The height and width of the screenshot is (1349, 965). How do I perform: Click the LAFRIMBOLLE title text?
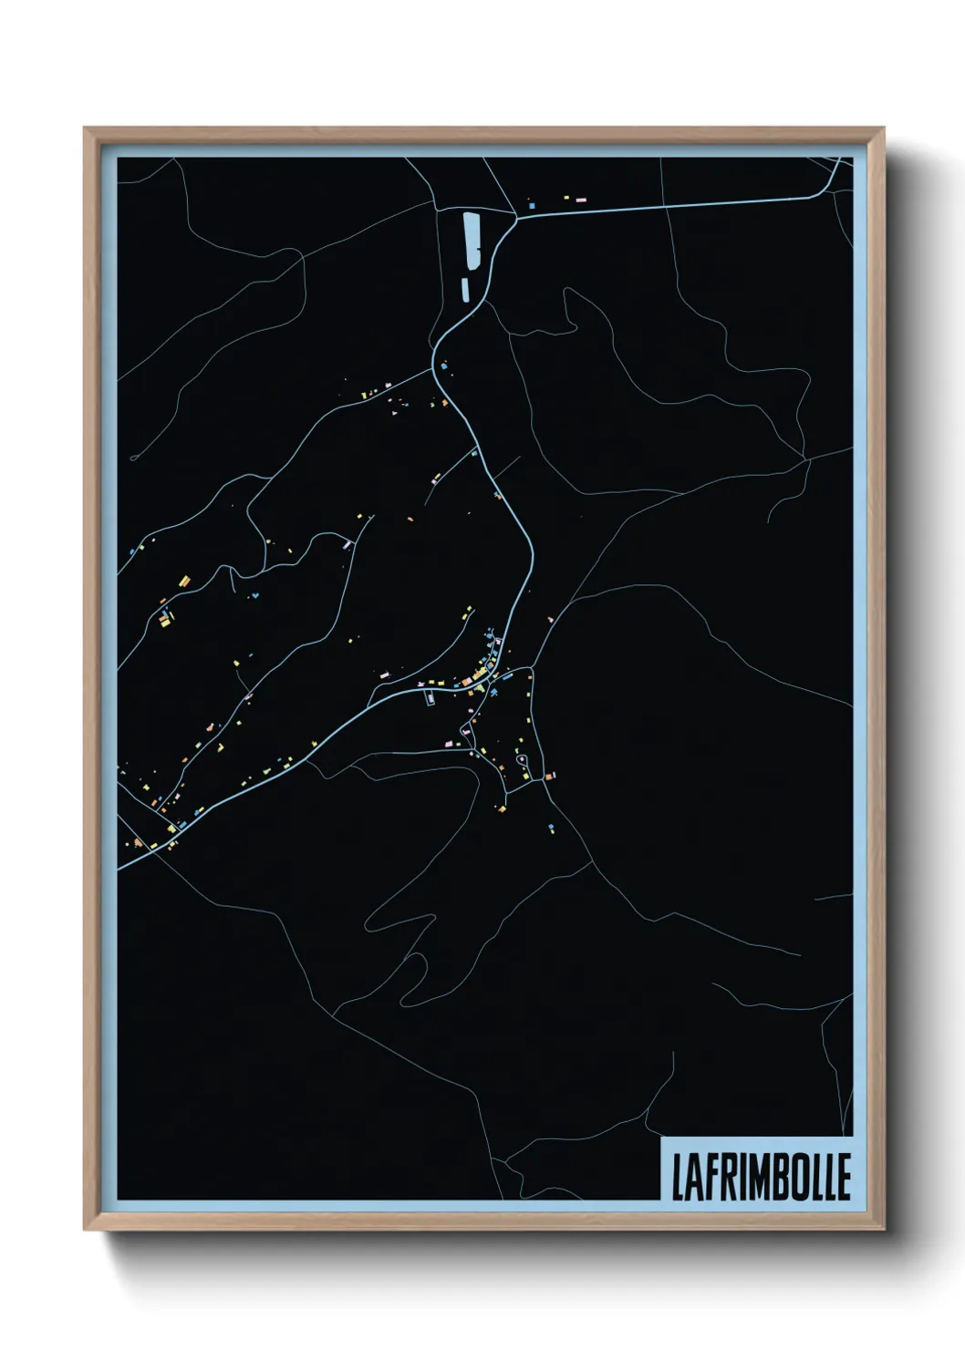761,1177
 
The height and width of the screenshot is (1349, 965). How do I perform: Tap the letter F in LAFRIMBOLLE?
709,1177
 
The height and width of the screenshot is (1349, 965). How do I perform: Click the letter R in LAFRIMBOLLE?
725,1177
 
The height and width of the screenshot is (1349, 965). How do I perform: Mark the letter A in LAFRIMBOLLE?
693,1177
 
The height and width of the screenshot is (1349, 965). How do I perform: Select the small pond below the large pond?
465,289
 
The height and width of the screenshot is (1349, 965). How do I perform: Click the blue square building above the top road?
531,206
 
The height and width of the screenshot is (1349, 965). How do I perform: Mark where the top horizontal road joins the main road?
516,218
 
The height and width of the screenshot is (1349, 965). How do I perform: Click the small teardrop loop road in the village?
522,760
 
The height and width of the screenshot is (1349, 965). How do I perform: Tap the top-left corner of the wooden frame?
85,129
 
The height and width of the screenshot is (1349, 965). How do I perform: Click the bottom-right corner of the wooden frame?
883,1230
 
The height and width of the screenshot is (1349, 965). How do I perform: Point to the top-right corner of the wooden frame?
883,129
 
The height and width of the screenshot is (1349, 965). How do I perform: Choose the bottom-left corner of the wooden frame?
85,1230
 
